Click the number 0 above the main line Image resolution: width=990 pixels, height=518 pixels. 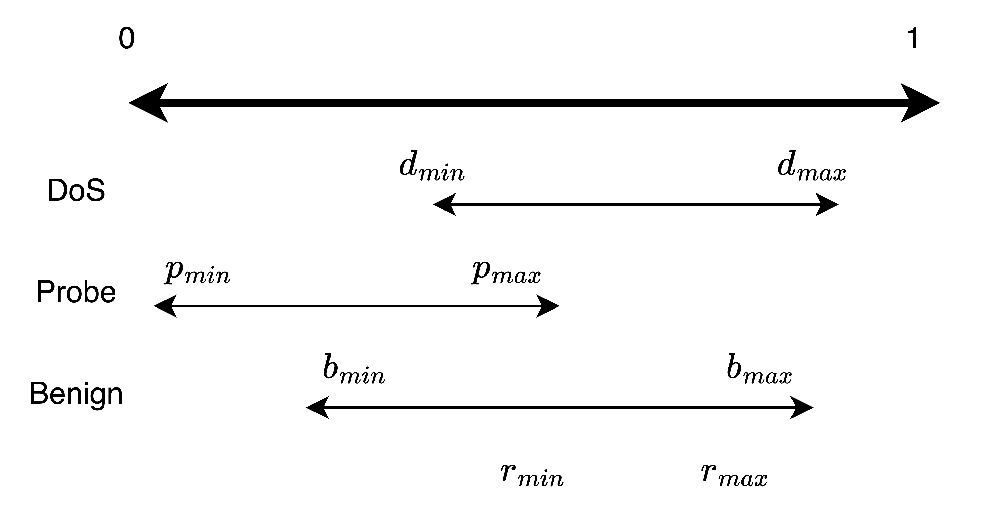(x=126, y=39)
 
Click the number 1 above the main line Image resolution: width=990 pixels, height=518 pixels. (x=913, y=39)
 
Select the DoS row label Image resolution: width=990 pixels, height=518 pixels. (x=76, y=190)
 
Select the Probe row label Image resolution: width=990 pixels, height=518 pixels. (x=76, y=292)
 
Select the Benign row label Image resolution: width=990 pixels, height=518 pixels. (x=76, y=394)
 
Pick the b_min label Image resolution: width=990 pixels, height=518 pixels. (x=354, y=371)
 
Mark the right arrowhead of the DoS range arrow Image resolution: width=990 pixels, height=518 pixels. (x=826, y=204)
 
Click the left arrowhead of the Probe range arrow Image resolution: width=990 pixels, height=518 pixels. (x=166, y=306)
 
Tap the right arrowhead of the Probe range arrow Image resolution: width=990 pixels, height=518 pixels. (x=547, y=306)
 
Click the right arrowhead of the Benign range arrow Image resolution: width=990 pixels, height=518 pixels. (x=801, y=407)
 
